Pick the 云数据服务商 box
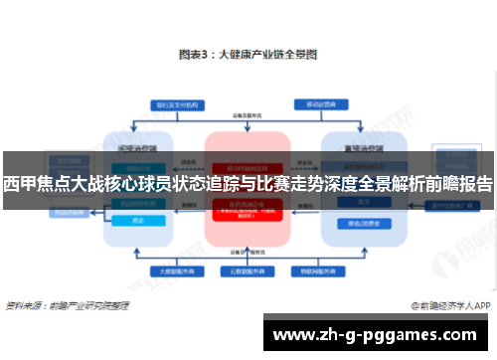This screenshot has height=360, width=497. coord(248,270)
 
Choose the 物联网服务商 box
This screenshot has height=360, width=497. coord(321,270)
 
